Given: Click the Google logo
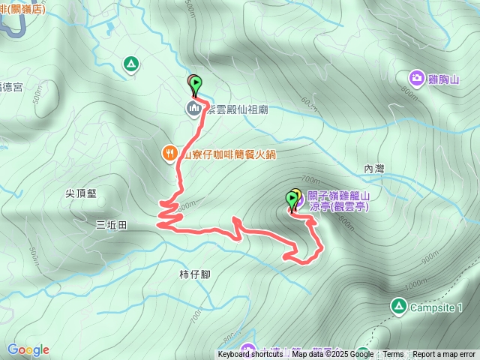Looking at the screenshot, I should point(28,349).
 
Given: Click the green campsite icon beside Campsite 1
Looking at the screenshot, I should point(398,306).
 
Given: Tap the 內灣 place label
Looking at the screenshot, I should point(373,169).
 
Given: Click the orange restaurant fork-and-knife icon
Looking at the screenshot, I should point(169,154).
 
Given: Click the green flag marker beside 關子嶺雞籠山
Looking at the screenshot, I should point(292,199).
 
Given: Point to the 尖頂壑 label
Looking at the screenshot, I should point(81,193).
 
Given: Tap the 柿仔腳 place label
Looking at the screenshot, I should point(195,274).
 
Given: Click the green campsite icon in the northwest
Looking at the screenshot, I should point(131,64).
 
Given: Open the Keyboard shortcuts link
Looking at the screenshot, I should point(250,355).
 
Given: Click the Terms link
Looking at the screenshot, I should point(393,355).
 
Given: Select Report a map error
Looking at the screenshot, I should point(444,355).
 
